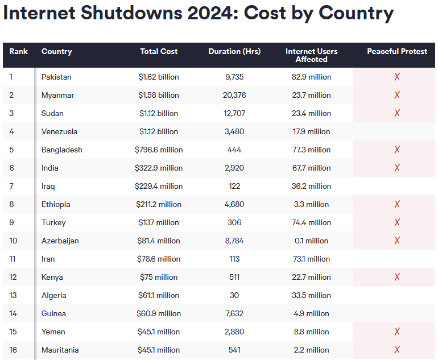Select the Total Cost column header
click(x=159, y=51)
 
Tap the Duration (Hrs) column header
click(x=234, y=51)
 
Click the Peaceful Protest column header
click(x=397, y=51)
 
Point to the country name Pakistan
click(x=56, y=77)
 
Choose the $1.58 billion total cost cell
click(x=159, y=95)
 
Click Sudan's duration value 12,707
click(x=234, y=113)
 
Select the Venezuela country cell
click(x=59, y=131)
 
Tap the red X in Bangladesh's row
click(x=397, y=150)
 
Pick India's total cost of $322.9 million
click(x=159, y=168)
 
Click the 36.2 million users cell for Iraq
click(x=311, y=186)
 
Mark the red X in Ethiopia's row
click(x=397, y=204)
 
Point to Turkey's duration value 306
click(x=234, y=222)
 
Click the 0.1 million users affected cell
click(x=311, y=241)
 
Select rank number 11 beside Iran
click(x=13, y=259)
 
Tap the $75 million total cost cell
click(x=159, y=277)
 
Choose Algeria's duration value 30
click(x=234, y=295)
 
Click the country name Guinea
click(x=53, y=313)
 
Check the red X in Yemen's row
click(x=397, y=332)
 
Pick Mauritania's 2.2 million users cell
click(x=311, y=350)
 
